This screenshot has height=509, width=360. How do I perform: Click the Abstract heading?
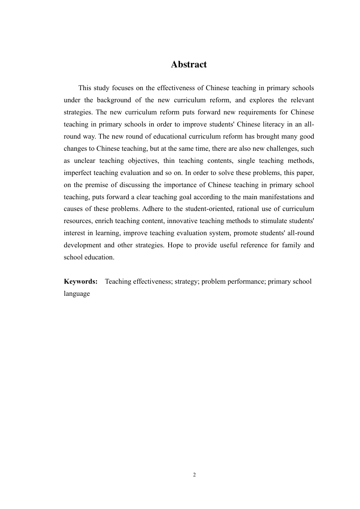[189, 64]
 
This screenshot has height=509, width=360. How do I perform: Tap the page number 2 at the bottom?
[194, 475]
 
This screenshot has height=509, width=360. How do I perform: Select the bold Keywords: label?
[81, 281]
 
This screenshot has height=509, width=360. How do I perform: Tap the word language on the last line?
[77, 294]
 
